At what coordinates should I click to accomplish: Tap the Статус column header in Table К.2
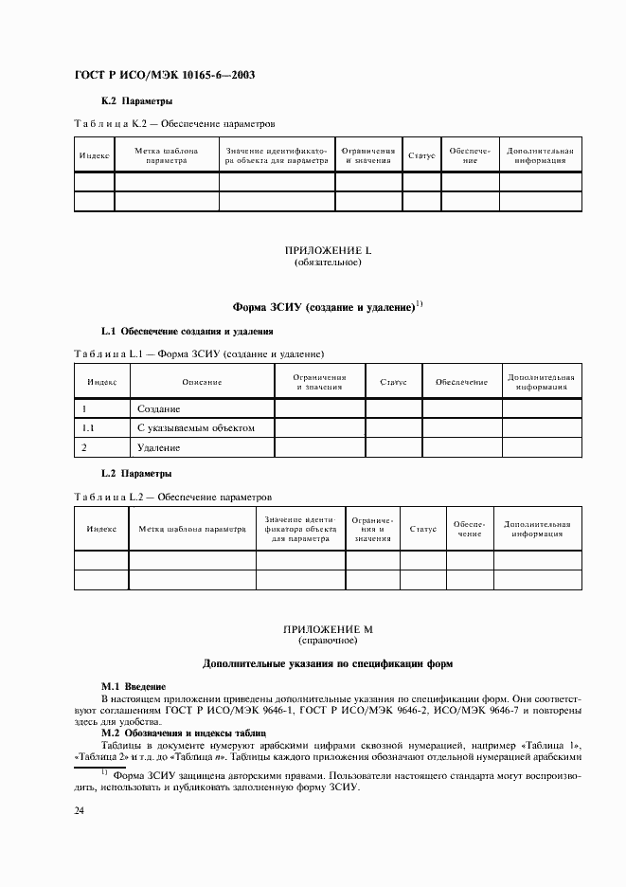pyautogui.click(x=421, y=155)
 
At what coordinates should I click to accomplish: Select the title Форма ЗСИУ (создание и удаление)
pyautogui.click(x=323, y=307)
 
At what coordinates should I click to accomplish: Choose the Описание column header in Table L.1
pyautogui.click(x=202, y=382)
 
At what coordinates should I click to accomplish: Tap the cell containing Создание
pyautogui.click(x=158, y=408)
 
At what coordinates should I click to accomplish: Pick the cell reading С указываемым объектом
pyautogui.click(x=195, y=427)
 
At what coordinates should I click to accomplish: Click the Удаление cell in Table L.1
pyautogui.click(x=158, y=446)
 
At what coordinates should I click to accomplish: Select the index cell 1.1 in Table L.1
pyautogui.click(x=91, y=427)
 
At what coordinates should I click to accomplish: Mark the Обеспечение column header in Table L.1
pyautogui.click(x=461, y=382)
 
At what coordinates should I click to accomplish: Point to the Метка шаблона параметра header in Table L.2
pyautogui.click(x=192, y=529)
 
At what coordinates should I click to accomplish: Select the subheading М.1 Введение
pyautogui.click(x=134, y=685)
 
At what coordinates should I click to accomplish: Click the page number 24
pyautogui.click(x=80, y=810)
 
